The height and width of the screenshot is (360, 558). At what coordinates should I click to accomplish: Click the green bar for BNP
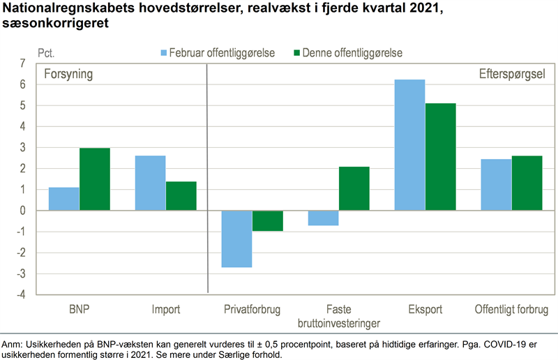(94, 179)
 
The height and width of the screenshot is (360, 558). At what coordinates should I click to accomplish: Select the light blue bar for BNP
(63, 199)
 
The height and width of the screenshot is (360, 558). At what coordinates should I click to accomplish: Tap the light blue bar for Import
(150, 183)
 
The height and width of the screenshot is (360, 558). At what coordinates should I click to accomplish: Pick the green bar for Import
(181, 196)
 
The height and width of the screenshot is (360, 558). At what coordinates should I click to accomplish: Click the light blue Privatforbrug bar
(236, 239)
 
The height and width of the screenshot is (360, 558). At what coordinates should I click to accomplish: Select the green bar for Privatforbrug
(267, 220)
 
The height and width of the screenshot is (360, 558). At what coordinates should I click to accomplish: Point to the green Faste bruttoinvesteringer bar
(354, 188)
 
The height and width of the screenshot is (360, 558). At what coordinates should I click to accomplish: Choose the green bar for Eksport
(440, 157)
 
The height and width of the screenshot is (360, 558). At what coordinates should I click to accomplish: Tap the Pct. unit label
(45, 52)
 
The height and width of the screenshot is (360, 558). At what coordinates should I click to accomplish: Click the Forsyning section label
(68, 74)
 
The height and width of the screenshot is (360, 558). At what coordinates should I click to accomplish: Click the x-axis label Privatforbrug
(252, 309)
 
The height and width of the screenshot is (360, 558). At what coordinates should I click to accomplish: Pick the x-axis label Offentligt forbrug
(511, 309)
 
